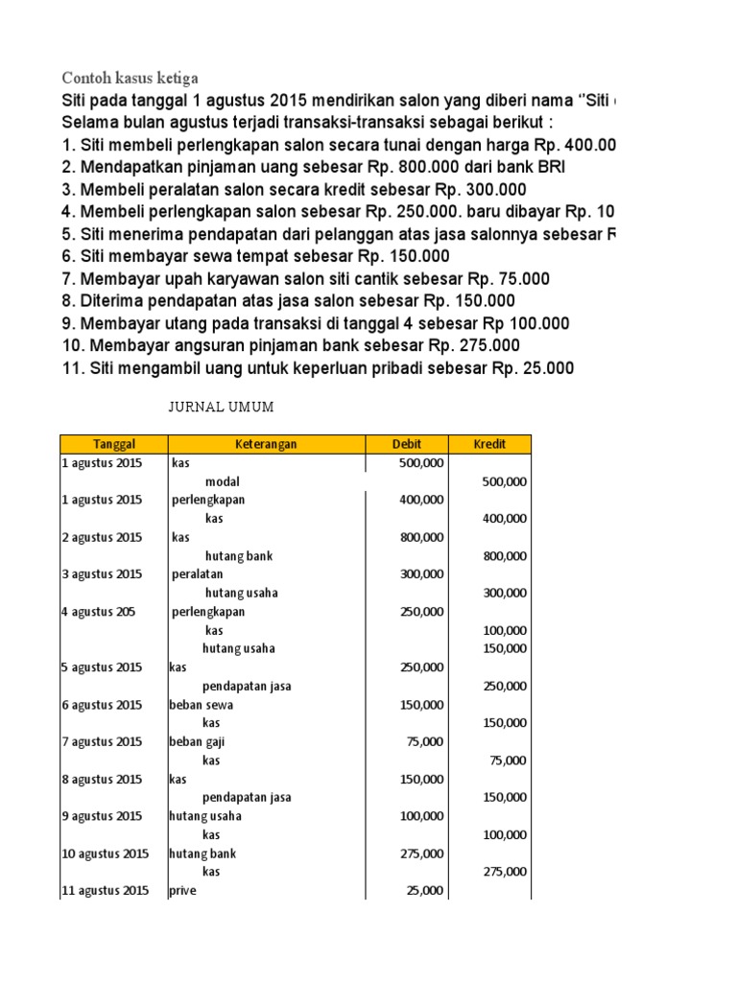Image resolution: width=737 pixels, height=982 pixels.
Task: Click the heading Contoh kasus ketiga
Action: tap(130, 78)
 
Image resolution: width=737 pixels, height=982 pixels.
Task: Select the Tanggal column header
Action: tap(114, 444)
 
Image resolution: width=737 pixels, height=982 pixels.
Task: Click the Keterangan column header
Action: tap(266, 444)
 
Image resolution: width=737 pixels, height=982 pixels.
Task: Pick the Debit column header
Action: tap(407, 444)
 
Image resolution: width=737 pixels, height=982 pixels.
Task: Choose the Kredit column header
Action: tap(489, 444)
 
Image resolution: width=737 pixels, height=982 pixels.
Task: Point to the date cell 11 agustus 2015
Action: tap(105, 891)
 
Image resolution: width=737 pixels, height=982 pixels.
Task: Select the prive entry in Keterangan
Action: tap(182, 891)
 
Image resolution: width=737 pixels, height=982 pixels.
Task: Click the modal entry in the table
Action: tap(223, 481)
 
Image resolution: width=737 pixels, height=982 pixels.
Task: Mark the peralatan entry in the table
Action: tap(198, 574)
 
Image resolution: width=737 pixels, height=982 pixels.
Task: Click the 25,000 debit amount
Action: tap(425, 891)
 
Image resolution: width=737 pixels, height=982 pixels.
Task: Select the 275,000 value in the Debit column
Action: tap(421, 853)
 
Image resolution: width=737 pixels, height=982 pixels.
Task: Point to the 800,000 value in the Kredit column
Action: tap(504, 556)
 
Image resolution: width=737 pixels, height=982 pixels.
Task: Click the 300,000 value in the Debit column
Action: tap(421, 574)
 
